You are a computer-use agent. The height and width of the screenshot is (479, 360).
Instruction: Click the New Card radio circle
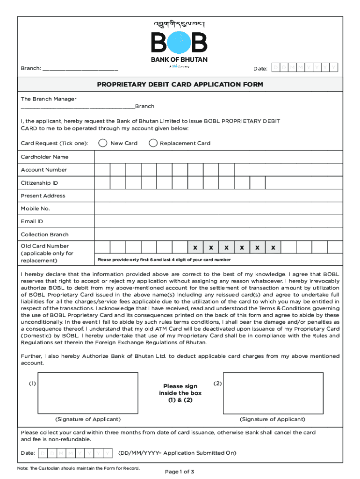tap(103, 143)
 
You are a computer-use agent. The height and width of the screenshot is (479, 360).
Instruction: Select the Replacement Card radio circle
tap(153, 143)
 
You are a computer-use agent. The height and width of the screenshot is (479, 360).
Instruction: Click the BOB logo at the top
tap(179, 42)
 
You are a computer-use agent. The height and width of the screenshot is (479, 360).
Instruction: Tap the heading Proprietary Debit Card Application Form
tap(180, 85)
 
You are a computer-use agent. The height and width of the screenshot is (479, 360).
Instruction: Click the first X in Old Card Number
tap(195, 247)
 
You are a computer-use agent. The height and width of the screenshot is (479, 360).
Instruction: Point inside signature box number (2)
tap(273, 393)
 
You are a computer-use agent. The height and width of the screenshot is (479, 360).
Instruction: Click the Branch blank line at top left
tap(80, 69)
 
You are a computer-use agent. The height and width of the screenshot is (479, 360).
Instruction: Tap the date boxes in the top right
tap(304, 68)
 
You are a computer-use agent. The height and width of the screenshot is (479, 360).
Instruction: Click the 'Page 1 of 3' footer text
tap(180, 472)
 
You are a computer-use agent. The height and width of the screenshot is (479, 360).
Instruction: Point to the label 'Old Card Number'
tap(45, 246)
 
